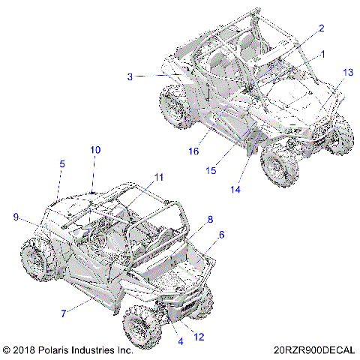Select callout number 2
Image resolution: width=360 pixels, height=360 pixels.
[x=321, y=28]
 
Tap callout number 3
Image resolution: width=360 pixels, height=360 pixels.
[x=130, y=76]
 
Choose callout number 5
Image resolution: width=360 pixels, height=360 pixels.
[x=62, y=163]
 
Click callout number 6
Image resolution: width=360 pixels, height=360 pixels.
[x=221, y=235]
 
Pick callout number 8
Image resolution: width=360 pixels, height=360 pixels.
[x=211, y=219]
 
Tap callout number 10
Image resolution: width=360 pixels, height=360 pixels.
[x=95, y=150]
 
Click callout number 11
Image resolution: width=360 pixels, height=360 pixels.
[x=158, y=177]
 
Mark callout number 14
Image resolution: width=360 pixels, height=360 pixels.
[x=235, y=190]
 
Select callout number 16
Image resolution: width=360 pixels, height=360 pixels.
[x=193, y=151]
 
